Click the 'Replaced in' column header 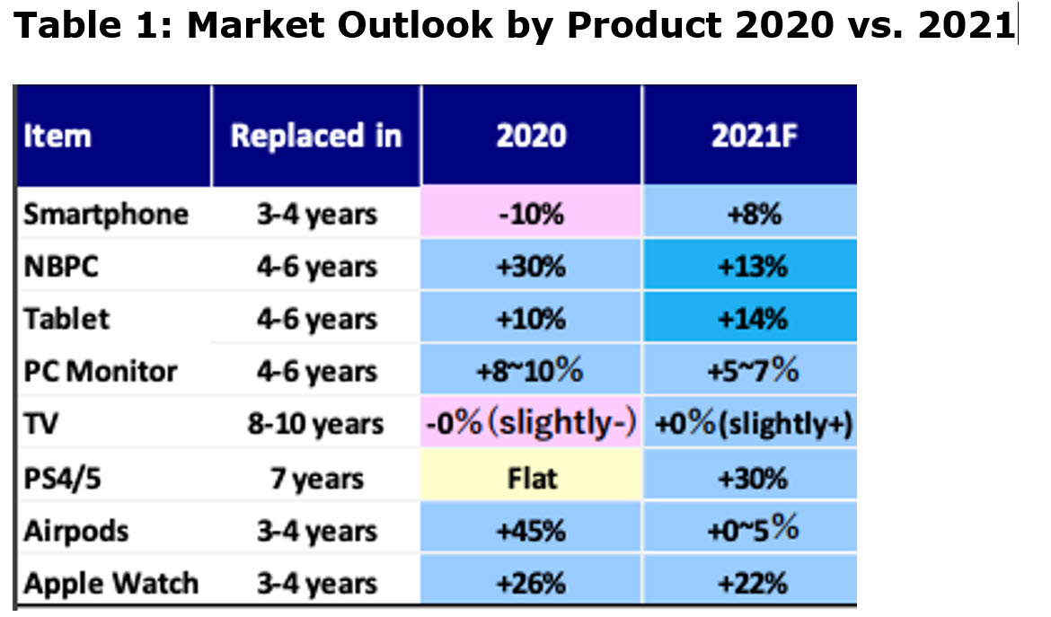(315, 136)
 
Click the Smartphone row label (106, 215)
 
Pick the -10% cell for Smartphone (531, 215)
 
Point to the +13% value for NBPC (752, 267)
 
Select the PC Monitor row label (101, 371)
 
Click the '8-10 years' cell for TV (315, 423)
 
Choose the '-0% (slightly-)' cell (531, 423)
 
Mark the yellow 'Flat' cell (532, 479)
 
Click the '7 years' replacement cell (317, 479)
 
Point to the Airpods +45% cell (531, 532)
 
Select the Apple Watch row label (111, 584)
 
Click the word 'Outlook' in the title (415, 25)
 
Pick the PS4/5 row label (62, 479)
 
